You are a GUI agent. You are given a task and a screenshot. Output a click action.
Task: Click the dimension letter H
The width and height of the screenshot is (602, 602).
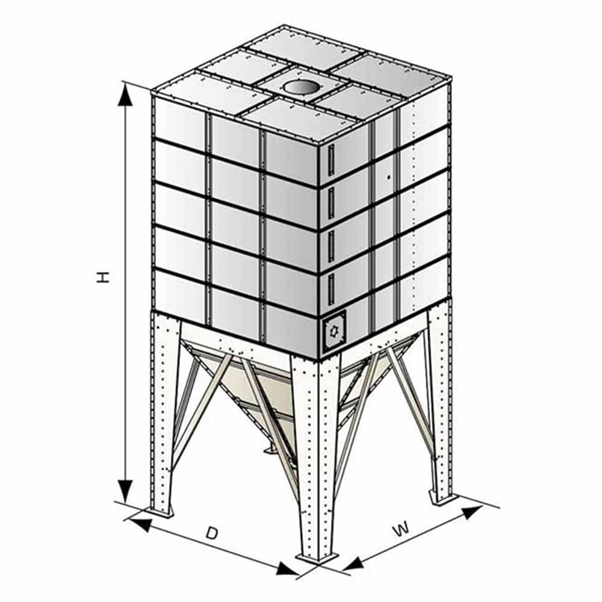point(102,277)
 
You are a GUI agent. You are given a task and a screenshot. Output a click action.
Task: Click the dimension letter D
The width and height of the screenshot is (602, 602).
point(211,533)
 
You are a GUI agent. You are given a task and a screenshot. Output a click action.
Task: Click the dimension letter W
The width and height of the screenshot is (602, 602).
point(402,530)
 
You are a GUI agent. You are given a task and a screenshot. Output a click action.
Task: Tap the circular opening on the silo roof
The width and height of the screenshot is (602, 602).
point(300,87)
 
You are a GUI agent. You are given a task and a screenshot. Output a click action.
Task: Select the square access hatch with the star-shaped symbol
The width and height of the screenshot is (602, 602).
point(334,330)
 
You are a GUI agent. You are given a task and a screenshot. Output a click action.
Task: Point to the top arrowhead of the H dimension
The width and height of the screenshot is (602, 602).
point(126,95)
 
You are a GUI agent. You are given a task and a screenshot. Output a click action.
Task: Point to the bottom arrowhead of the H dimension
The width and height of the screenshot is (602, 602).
point(125,491)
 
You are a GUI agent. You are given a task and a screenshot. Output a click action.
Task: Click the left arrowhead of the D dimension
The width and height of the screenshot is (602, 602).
point(139,524)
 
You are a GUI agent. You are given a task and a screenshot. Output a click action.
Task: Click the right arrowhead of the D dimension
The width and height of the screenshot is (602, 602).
point(288,569)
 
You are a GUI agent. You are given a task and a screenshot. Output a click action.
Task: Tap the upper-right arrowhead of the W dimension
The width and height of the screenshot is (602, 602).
point(472,512)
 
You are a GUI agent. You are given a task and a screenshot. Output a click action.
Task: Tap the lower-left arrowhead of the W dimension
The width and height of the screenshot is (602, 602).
point(353,563)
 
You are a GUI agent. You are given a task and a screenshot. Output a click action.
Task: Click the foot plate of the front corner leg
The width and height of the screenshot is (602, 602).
point(317,557)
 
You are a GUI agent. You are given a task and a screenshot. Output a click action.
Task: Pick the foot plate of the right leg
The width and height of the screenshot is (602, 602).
point(444,498)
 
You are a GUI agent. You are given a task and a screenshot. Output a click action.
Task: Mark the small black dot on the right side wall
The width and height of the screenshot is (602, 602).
point(388,177)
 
